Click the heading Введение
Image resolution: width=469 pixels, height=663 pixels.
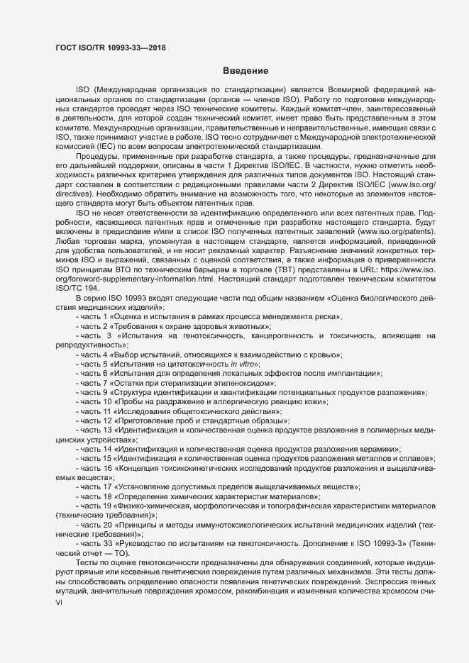[x=245, y=71]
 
